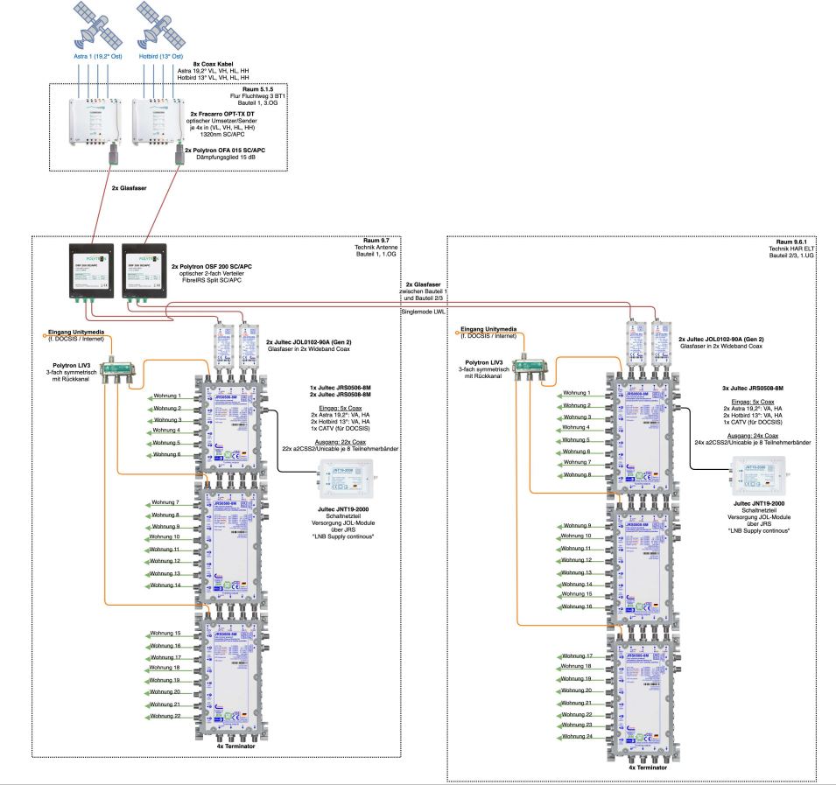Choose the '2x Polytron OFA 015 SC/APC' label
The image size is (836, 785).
point(236,151)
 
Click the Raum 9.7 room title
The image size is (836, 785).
point(381,240)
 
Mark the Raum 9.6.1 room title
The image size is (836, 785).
point(797,240)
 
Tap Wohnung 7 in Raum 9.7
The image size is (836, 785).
point(165,502)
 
